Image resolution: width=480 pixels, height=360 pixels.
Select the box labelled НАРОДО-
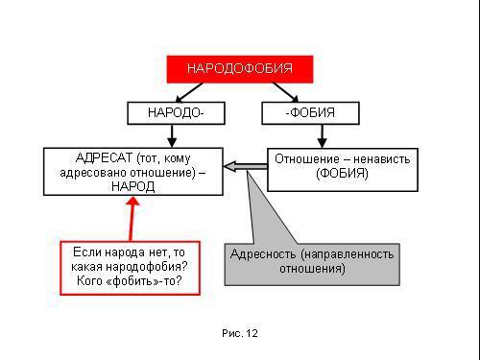pos(175,113)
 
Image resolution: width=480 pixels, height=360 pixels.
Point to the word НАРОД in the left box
pos(133,187)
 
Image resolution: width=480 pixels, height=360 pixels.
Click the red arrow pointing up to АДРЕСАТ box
pos(133,218)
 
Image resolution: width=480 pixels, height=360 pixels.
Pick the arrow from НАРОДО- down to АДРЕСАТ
pos(175,135)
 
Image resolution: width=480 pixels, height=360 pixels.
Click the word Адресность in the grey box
pos(262,254)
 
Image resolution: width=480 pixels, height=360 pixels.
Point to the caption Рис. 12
pos(239,333)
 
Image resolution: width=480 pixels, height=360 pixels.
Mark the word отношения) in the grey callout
pos(313,269)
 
